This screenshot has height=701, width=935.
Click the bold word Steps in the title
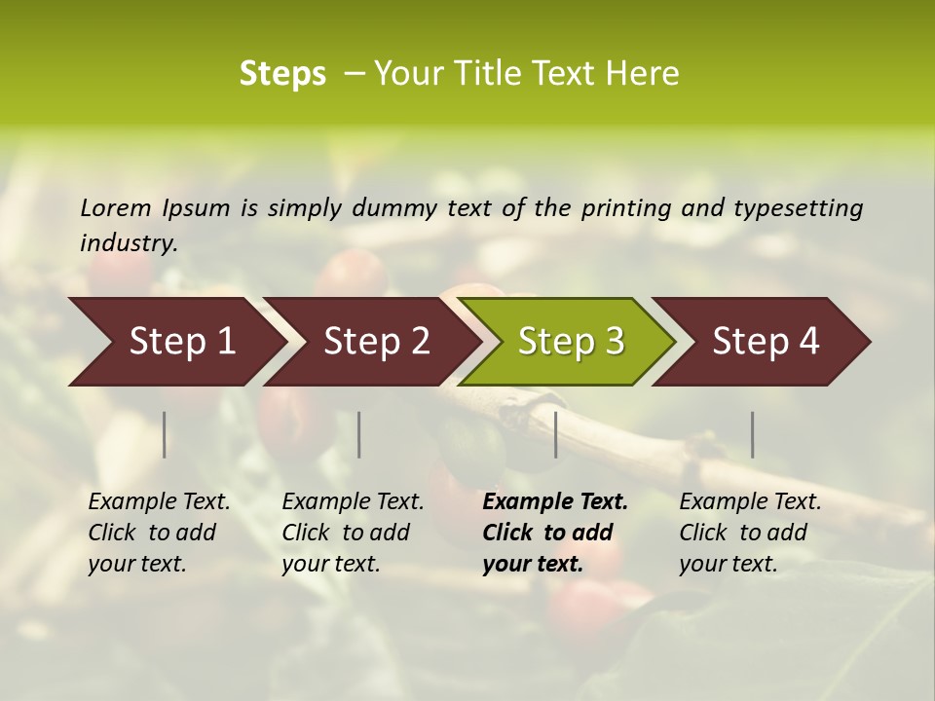[282, 74]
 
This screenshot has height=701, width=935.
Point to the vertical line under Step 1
[165, 434]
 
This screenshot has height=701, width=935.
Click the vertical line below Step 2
[359, 434]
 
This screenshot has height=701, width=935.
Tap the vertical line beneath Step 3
[556, 434]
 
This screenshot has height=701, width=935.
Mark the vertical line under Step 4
[753, 434]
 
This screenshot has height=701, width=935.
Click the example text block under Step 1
[159, 533]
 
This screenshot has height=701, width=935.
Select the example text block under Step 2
[353, 533]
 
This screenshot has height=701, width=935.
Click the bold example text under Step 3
[554, 533]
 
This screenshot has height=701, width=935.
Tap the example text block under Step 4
[750, 533]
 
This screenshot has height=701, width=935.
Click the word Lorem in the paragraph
[116, 208]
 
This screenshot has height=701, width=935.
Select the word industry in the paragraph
[128, 243]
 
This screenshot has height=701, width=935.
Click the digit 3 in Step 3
[613, 342]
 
